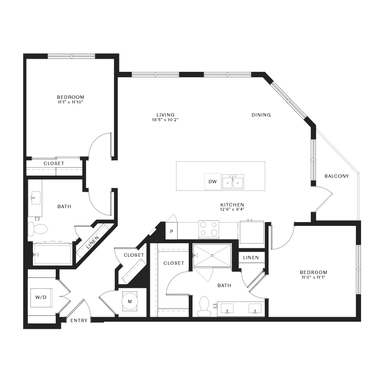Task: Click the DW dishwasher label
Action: click(212, 182)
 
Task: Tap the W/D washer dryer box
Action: click(41, 298)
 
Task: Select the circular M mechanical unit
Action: click(130, 301)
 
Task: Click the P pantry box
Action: click(171, 231)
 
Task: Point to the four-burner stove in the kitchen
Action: click(209, 229)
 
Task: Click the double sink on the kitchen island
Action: click(233, 182)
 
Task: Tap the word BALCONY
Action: click(337, 176)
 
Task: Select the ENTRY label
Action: click(79, 320)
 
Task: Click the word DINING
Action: click(261, 115)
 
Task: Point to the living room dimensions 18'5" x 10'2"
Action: click(165, 120)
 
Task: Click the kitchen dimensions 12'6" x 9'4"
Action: click(232, 209)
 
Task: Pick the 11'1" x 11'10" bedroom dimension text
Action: click(71, 102)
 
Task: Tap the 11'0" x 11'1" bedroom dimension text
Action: click(313, 277)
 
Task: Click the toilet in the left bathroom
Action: click(38, 229)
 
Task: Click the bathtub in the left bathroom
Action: click(52, 254)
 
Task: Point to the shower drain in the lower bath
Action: click(212, 255)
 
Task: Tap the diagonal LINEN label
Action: click(92, 242)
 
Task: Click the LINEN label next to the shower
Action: click(251, 258)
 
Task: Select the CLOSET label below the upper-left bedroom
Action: click(54, 163)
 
